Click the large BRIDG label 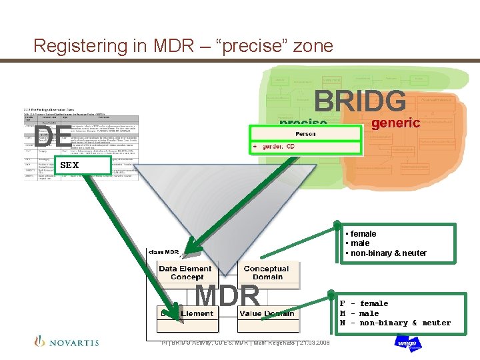pyautogui.click(x=359, y=102)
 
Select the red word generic pyautogui.click(x=395, y=123)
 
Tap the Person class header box pyautogui.click(x=305, y=133)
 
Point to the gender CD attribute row pyautogui.click(x=305, y=147)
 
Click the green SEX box pyautogui.click(x=83, y=165)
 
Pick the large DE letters pyautogui.click(x=51, y=136)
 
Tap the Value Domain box pyautogui.click(x=268, y=313)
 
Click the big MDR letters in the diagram pyautogui.click(x=227, y=296)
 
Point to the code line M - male pyautogui.click(x=359, y=313)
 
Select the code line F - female pyautogui.click(x=363, y=304)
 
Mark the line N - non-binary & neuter pyautogui.click(x=395, y=323)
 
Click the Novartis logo pyautogui.click(x=66, y=342)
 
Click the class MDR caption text pyautogui.click(x=163, y=252)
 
